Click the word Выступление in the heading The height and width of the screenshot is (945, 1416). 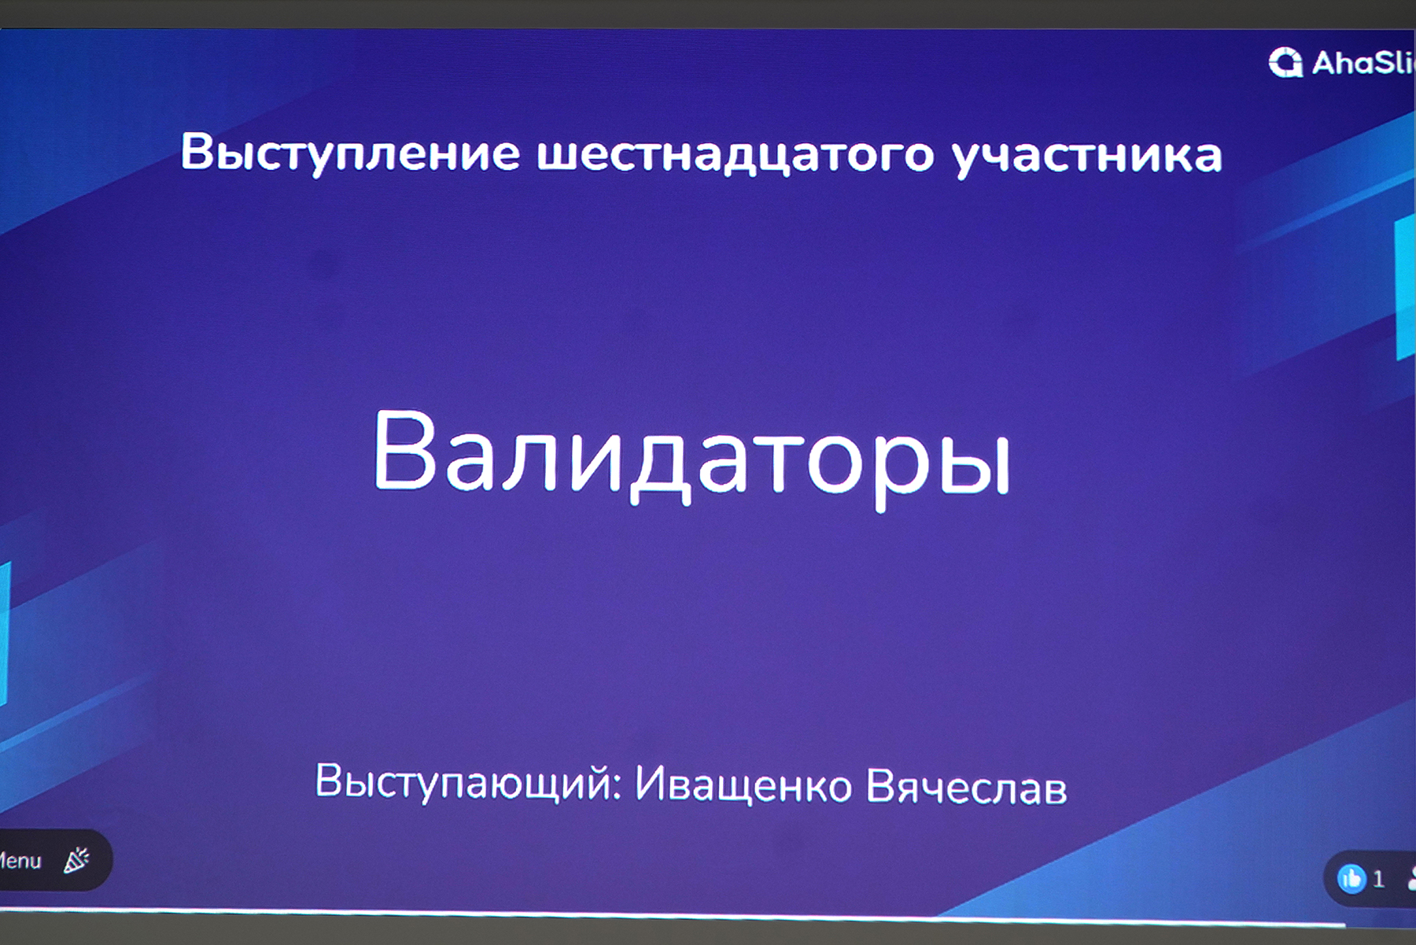pyautogui.click(x=350, y=153)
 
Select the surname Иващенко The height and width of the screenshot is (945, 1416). pyautogui.click(x=743, y=785)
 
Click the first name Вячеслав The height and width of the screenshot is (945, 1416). pyautogui.click(x=966, y=787)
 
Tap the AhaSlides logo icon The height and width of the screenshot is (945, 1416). pyautogui.click(x=1285, y=62)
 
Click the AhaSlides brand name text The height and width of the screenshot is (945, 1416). pyautogui.click(x=1363, y=63)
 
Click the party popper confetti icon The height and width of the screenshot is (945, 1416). pyautogui.click(x=76, y=860)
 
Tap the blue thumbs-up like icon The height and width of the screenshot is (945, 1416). pyautogui.click(x=1351, y=878)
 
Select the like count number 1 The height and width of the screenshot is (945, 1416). pyautogui.click(x=1378, y=879)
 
